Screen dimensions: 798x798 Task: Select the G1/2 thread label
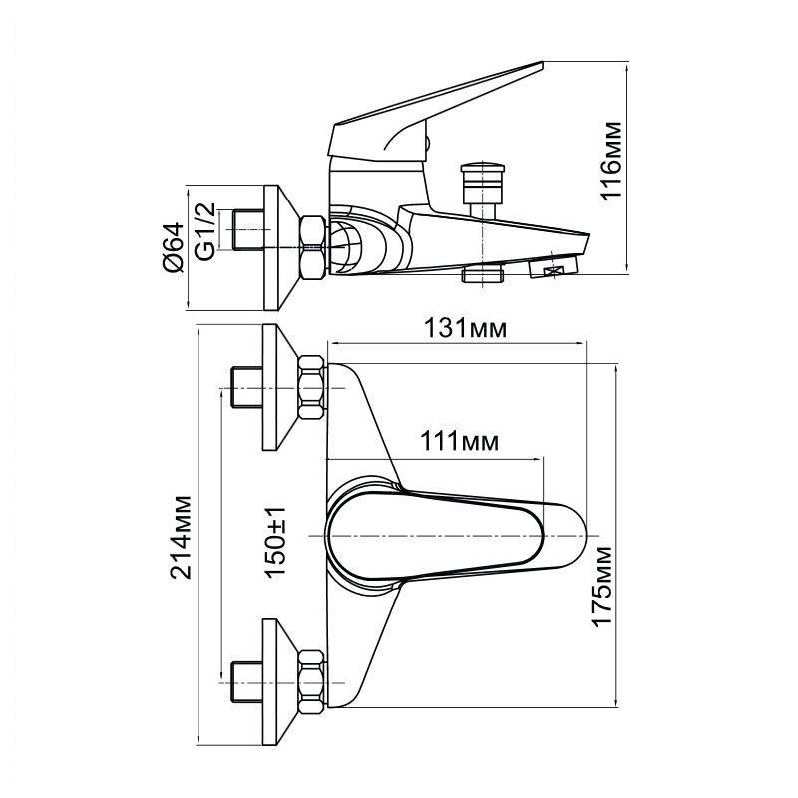tap(204, 230)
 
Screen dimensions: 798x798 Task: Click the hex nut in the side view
tap(312, 245)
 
